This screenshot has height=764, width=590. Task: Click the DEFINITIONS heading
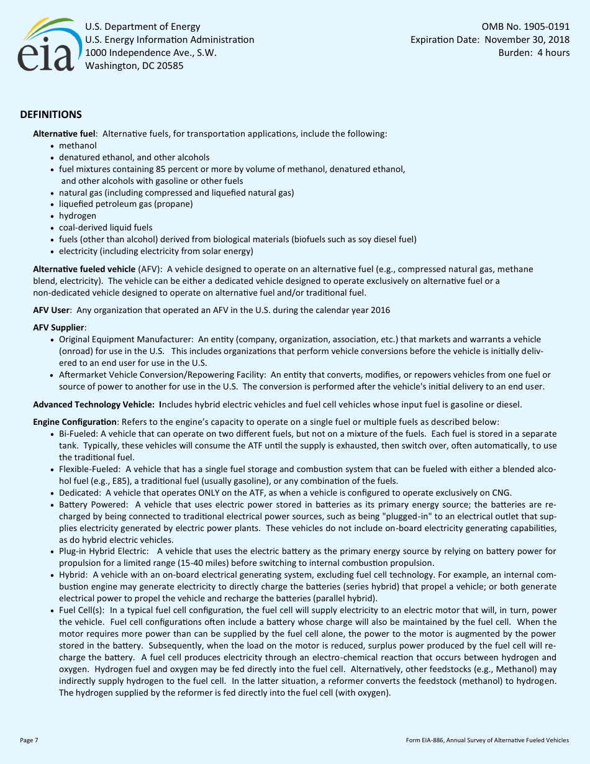[51, 115]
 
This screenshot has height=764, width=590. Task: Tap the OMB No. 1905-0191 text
[525, 27]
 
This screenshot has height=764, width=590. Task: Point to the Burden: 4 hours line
[534, 53]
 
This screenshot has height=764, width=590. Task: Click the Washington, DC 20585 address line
[134, 66]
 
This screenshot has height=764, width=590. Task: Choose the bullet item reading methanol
[78, 145]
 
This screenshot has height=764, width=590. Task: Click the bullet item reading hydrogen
[78, 216]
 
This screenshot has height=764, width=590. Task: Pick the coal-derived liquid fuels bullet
[106, 227]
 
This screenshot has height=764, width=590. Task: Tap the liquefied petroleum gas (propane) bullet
[125, 204]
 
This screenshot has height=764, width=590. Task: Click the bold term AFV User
[52, 310]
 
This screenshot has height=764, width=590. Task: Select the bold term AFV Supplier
[58, 327]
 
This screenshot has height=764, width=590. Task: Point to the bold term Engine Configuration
[75, 422]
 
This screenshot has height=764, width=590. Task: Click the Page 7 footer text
[29, 740]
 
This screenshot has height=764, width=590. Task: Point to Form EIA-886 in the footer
[429, 740]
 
